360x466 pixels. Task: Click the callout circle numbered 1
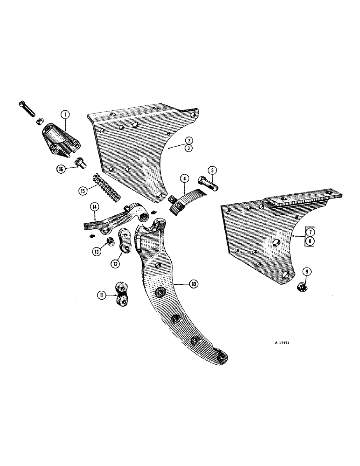[x=65, y=113]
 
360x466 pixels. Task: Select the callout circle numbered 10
[x=193, y=283]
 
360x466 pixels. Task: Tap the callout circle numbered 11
[x=102, y=295]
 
